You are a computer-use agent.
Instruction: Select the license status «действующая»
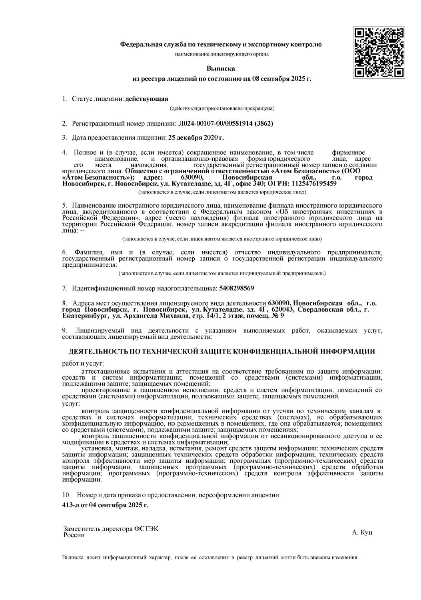[147, 99]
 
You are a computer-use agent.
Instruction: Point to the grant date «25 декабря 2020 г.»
[196, 138]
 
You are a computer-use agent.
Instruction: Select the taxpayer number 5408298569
[237, 288]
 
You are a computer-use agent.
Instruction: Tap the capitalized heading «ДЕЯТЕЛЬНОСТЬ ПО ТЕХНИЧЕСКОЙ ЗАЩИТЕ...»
[222, 352]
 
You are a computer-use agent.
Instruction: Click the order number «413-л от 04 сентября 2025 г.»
[105, 505]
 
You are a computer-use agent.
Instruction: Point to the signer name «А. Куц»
[362, 533]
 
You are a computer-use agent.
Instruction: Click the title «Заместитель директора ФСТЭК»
[111, 529]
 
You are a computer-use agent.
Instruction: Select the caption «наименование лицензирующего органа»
[222, 54]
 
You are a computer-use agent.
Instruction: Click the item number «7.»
[64, 288]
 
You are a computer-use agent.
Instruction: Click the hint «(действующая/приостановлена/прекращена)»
[222, 108]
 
